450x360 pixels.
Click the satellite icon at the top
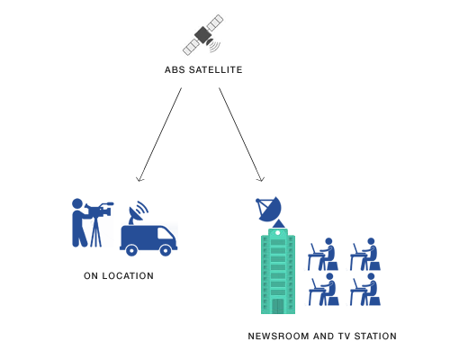203,35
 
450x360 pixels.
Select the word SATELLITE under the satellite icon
215,70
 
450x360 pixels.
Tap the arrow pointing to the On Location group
160,135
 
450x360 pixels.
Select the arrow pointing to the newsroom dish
241,135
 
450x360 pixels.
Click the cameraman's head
77,203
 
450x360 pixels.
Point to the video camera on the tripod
99,210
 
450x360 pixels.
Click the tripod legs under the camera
96,232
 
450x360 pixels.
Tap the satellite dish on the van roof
138,212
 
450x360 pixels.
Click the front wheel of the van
166,250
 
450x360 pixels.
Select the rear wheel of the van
131,250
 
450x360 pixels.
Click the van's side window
165,233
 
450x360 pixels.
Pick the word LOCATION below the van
128,276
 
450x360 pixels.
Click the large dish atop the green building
269,209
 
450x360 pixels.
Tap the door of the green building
278,306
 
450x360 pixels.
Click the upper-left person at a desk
323,255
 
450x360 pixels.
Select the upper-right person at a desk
365,255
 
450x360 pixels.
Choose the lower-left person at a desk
324,290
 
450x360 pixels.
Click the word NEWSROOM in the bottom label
278,337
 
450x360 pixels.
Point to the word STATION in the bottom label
375,337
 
